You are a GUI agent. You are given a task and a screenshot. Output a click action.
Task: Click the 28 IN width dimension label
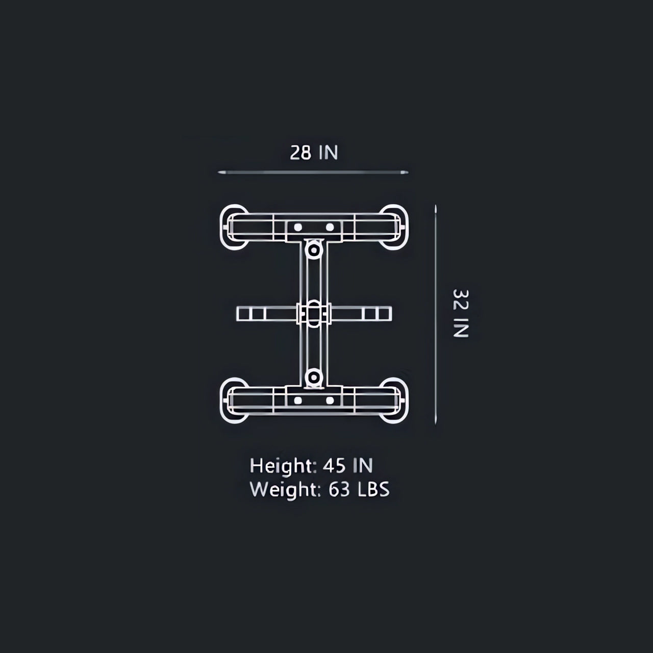tap(314, 153)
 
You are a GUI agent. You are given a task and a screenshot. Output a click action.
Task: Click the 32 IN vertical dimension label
tap(461, 313)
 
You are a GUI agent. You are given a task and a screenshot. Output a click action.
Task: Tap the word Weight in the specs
tap(285, 490)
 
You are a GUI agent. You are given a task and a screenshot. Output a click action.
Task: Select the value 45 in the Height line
tap(334, 466)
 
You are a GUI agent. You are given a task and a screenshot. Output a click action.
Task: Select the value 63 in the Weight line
tap(339, 489)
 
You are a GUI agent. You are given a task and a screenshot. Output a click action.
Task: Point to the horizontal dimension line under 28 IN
tap(313, 172)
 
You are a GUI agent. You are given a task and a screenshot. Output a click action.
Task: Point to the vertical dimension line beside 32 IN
tap(436, 314)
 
